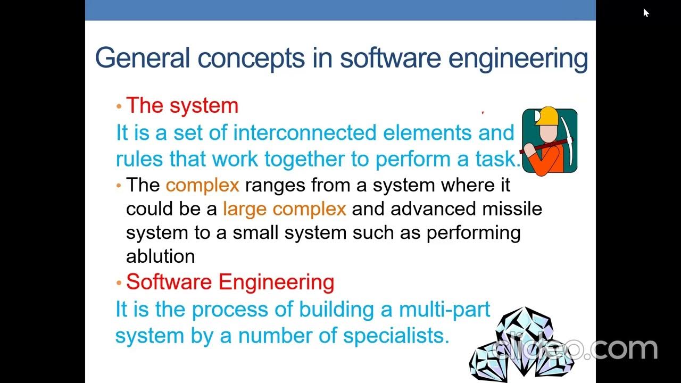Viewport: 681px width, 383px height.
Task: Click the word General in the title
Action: click(x=142, y=57)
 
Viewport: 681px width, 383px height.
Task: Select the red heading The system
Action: click(x=182, y=105)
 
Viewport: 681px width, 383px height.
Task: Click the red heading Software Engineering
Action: click(x=230, y=281)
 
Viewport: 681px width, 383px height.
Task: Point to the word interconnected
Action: click(x=305, y=132)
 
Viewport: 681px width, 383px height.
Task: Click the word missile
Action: click(x=512, y=209)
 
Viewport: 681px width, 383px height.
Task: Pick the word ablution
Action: click(x=160, y=256)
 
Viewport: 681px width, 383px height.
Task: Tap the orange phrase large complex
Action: click(x=284, y=209)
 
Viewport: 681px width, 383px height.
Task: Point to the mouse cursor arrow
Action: click(x=645, y=12)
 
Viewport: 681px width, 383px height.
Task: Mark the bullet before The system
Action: click(x=119, y=106)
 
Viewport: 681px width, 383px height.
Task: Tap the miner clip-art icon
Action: click(x=550, y=141)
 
